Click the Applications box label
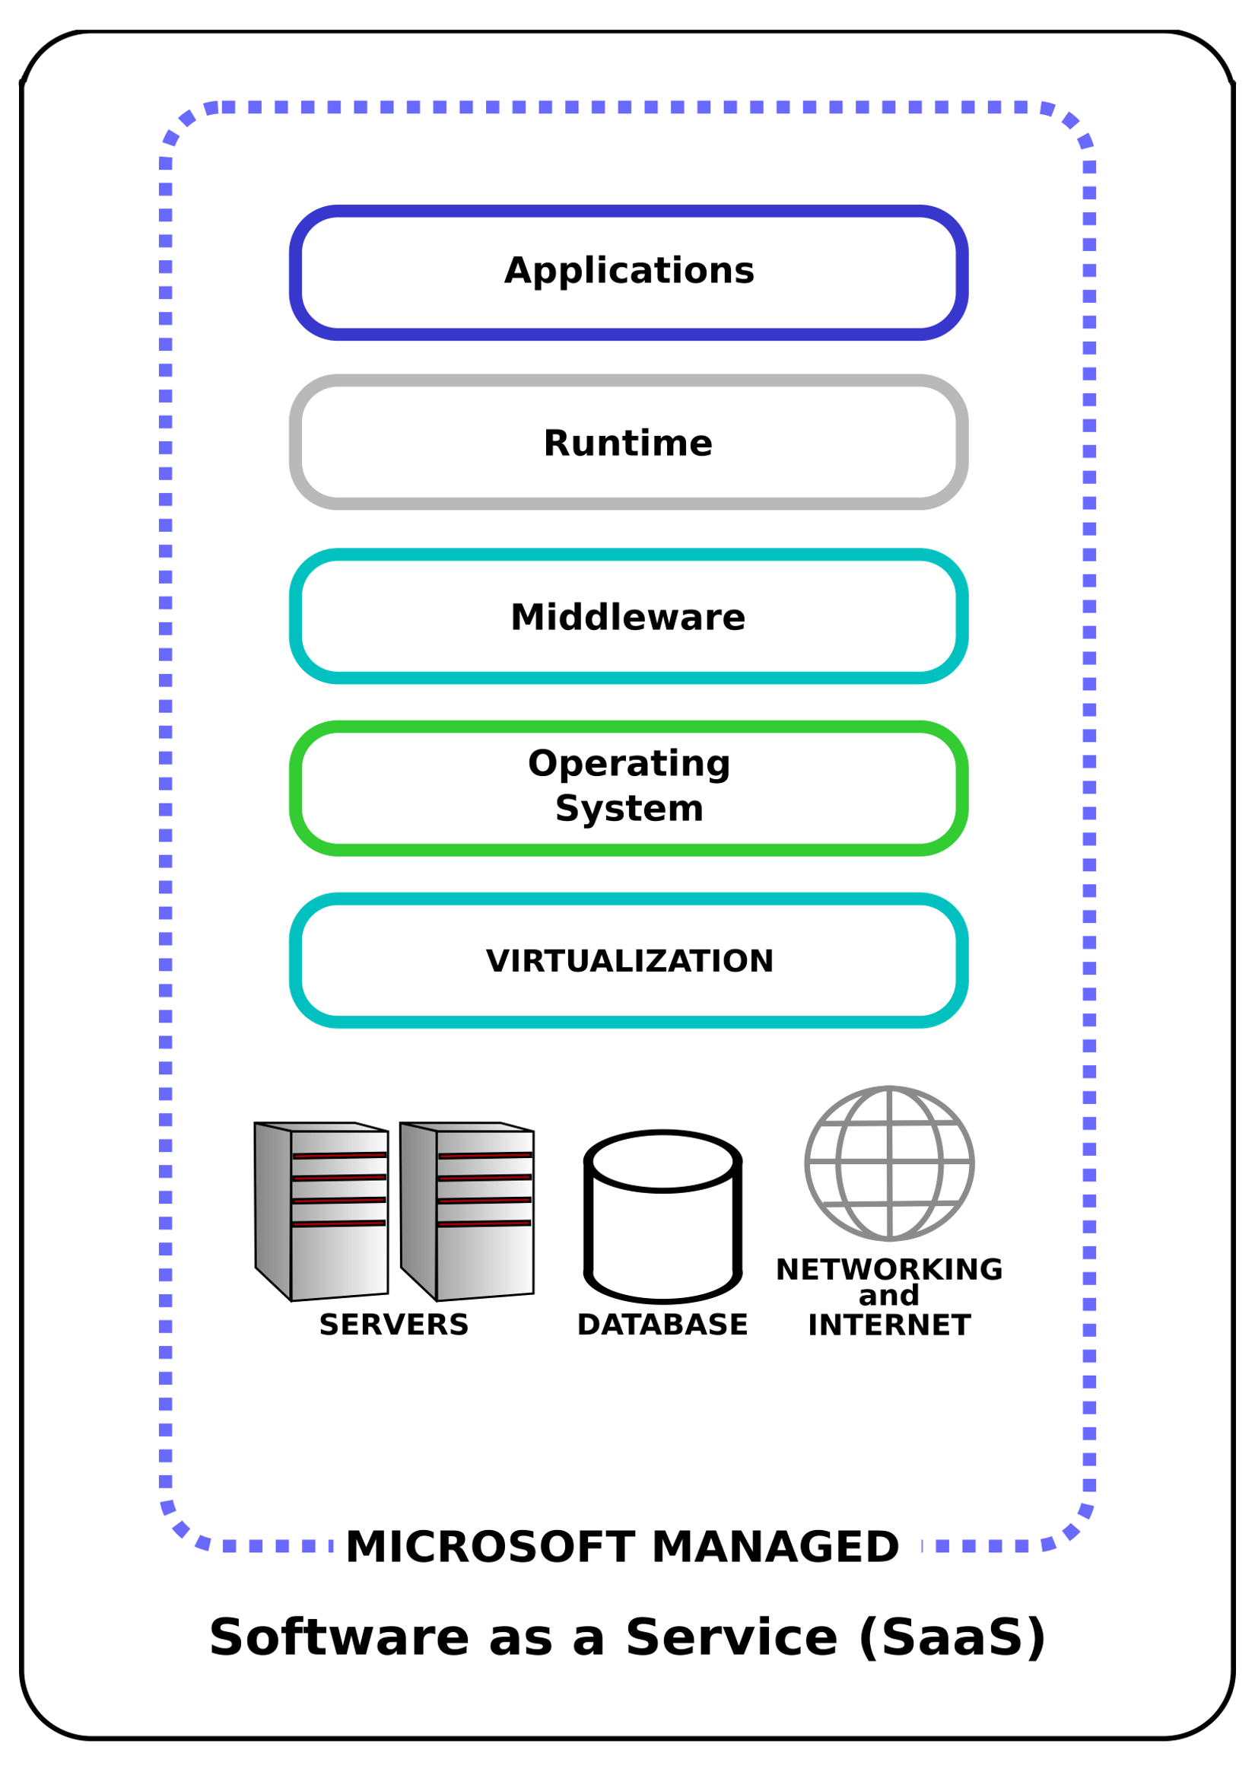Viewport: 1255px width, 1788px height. pyautogui.click(x=628, y=271)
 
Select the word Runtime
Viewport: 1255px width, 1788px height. pyautogui.click(x=627, y=443)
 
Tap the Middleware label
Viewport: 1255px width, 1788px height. pyautogui.click(x=627, y=617)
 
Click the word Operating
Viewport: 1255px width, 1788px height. pyautogui.click(x=628, y=764)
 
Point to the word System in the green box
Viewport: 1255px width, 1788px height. pyautogui.click(x=628, y=808)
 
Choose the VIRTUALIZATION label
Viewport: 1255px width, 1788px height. pyautogui.click(x=629, y=961)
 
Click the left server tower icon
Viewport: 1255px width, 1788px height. pyautogui.click(x=321, y=1211)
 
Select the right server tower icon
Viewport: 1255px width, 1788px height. pyautogui.click(x=466, y=1211)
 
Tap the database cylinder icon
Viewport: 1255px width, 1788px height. pyautogui.click(x=662, y=1216)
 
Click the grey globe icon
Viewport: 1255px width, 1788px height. pyautogui.click(x=888, y=1163)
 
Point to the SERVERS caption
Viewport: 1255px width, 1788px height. pyautogui.click(x=394, y=1325)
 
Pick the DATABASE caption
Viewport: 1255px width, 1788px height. pyautogui.click(x=662, y=1325)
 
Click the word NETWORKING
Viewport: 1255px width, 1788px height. pyautogui.click(x=888, y=1270)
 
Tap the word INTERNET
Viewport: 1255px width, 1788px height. pyautogui.click(x=888, y=1325)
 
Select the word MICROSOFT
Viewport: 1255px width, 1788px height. pyautogui.click(x=491, y=1548)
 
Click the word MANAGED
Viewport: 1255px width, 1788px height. pyautogui.click(x=774, y=1548)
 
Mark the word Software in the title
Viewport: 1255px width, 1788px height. pyautogui.click(x=338, y=1637)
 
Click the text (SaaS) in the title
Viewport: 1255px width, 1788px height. pyautogui.click(x=952, y=1637)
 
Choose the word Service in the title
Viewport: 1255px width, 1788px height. pyautogui.click(x=731, y=1637)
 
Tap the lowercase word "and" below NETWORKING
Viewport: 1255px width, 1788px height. pyautogui.click(x=888, y=1296)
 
